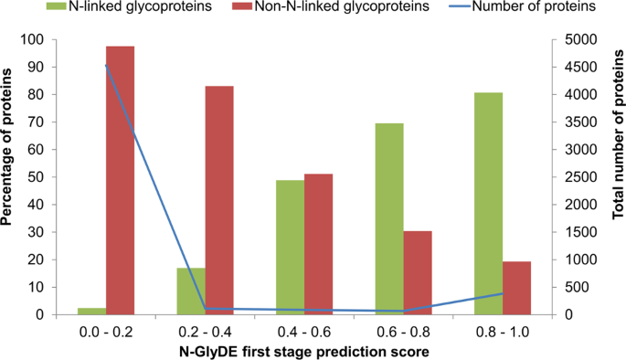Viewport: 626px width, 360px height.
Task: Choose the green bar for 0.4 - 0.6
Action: point(290,247)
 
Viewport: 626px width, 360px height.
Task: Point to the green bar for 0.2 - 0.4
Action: point(190,291)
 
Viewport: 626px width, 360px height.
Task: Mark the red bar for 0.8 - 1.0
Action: point(517,288)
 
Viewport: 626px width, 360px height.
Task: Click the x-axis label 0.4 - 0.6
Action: point(304,332)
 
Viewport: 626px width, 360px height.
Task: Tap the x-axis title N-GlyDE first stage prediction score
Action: point(303,351)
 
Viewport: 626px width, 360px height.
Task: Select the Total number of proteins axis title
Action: point(617,178)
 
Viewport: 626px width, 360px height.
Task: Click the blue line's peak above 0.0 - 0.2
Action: point(106,65)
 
